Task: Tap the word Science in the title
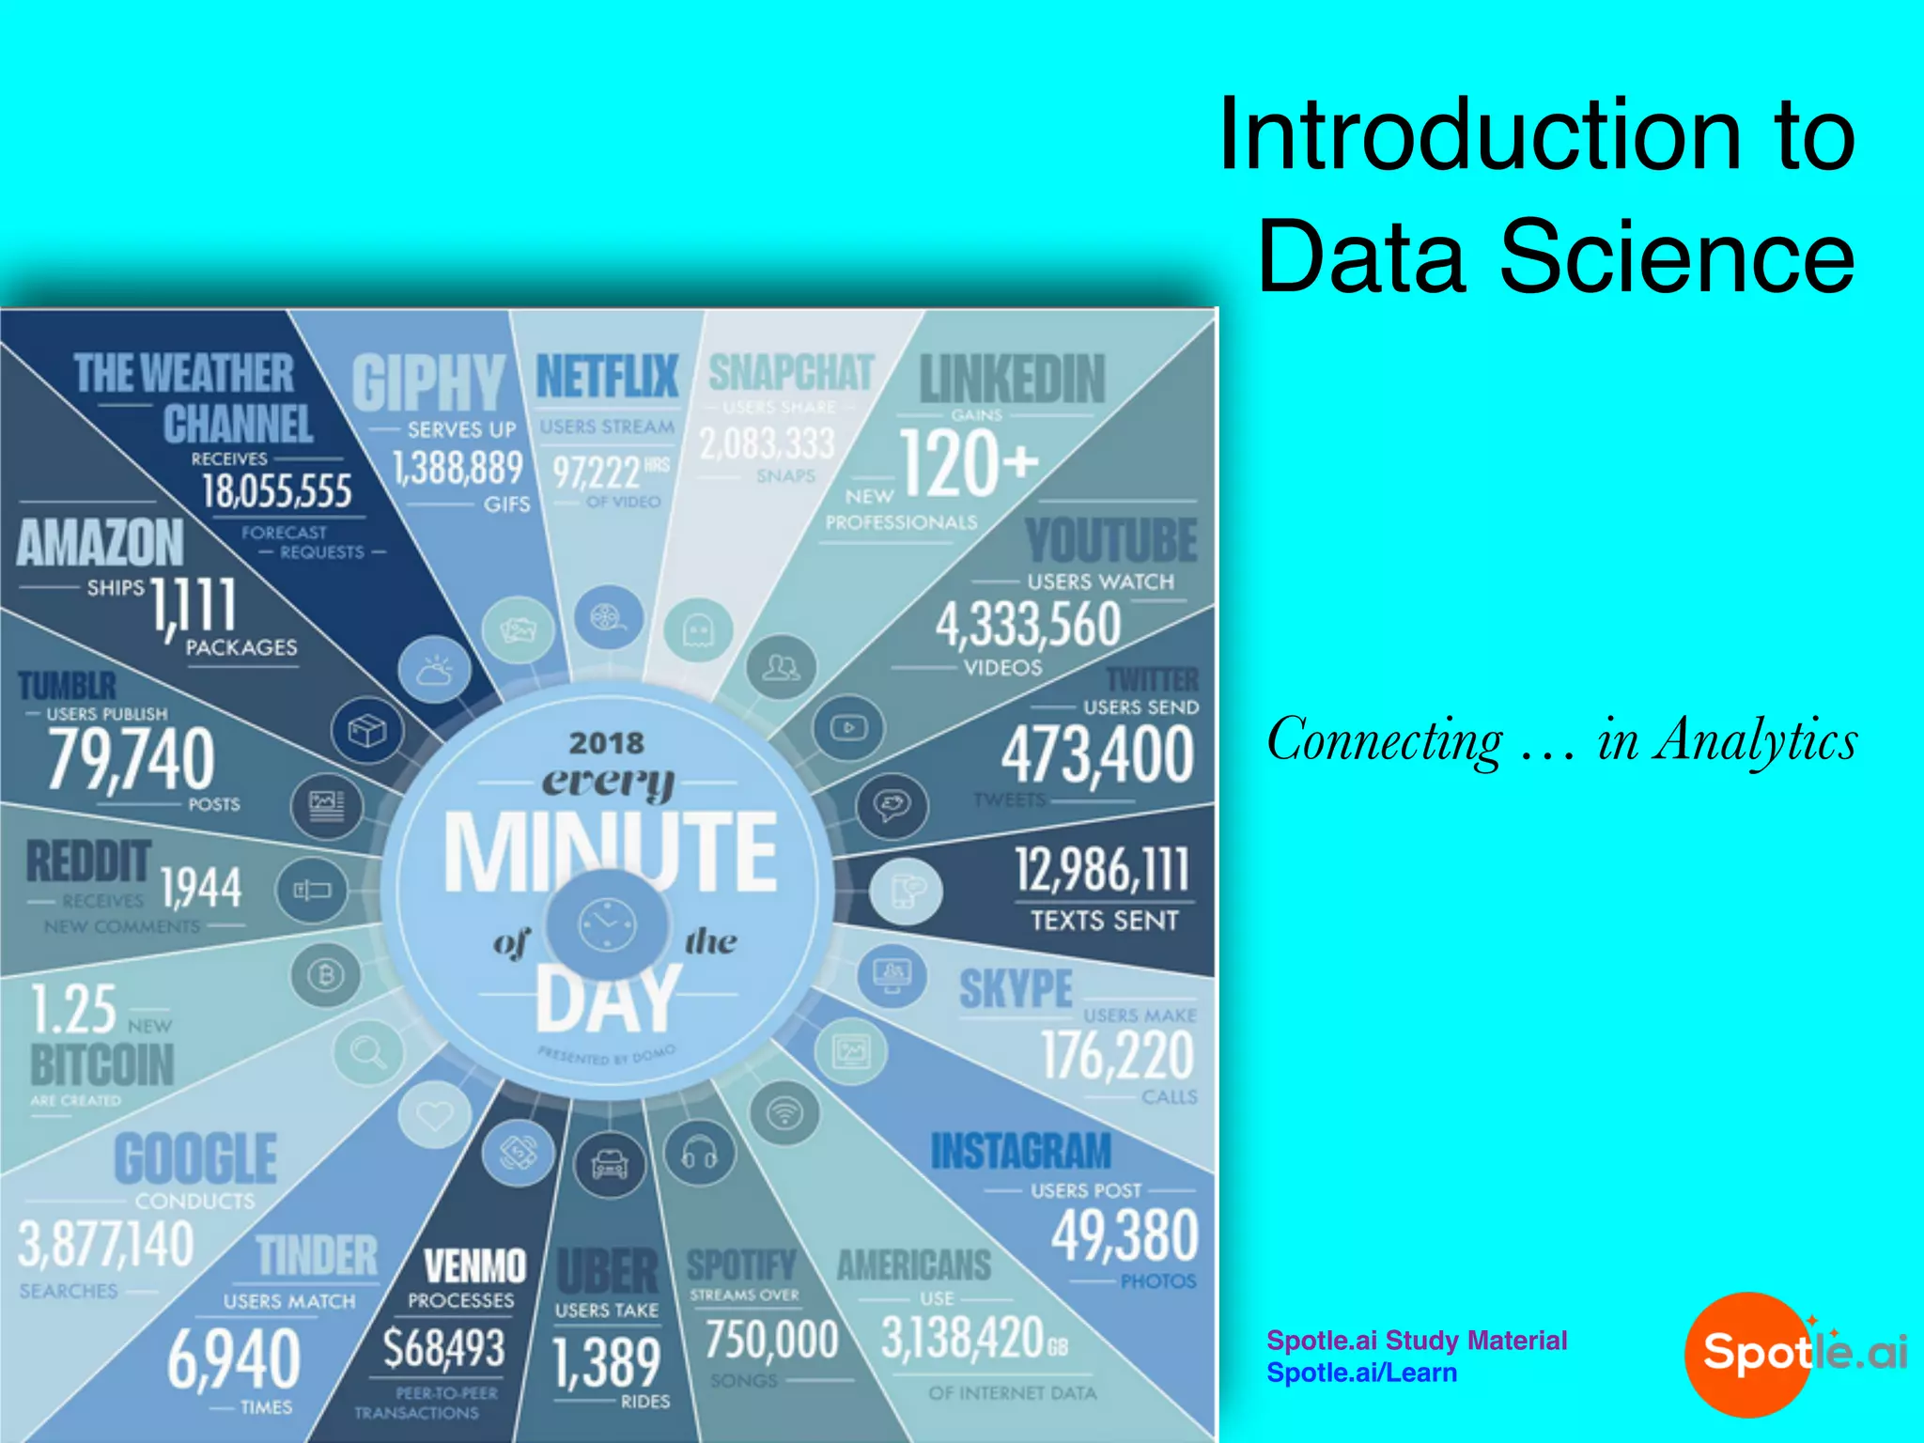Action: click(x=1677, y=256)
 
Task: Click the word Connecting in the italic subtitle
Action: click(x=1384, y=739)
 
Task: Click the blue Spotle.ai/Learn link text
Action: click(x=1361, y=1373)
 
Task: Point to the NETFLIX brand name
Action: click(x=607, y=377)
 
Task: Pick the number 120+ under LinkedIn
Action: click(x=969, y=462)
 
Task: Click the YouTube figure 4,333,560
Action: click(x=1028, y=624)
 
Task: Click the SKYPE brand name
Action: click(x=1016, y=989)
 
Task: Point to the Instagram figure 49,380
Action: click(x=1125, y=1235)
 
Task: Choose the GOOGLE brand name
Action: click(x=195, y=1158)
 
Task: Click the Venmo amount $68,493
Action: click(x=443, y=1347)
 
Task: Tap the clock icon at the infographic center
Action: click(x=607, y=924)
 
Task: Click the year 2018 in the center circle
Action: click(x=607, y=743)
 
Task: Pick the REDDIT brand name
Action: click(x=88, y=861)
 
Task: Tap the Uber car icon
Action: click(x=610, y=1165)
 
